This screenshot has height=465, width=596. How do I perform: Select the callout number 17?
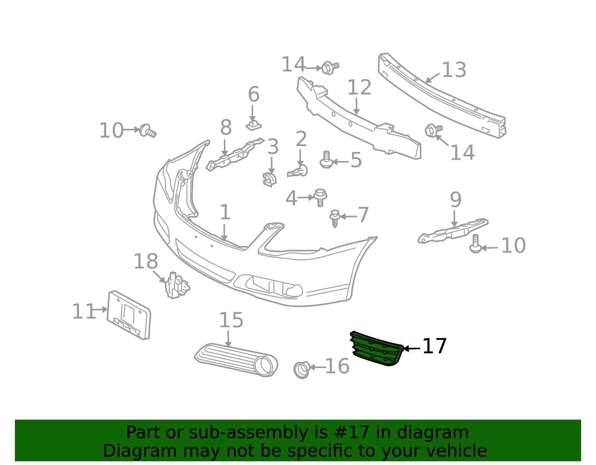[435, 346]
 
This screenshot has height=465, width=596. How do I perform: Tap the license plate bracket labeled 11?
[129, 315]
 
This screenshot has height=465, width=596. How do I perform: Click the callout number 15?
[231, 320]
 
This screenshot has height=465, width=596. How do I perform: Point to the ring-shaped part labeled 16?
[301, 370]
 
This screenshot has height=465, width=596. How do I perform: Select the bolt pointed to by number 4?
[320, 197]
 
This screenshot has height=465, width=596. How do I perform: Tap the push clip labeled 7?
[335, 219]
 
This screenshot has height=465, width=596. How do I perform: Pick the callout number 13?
[454, 70]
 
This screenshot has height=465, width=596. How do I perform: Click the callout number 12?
[359, 87]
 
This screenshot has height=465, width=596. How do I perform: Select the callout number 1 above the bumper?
[225, 212]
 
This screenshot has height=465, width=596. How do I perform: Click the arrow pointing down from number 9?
[454, 219]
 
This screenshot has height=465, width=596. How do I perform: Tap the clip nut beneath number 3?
[270, 180]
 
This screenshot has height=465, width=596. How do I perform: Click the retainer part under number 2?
[298, 171]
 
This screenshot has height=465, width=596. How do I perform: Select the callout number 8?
[226, 127]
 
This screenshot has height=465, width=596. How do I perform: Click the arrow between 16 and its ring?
[318, 367]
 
